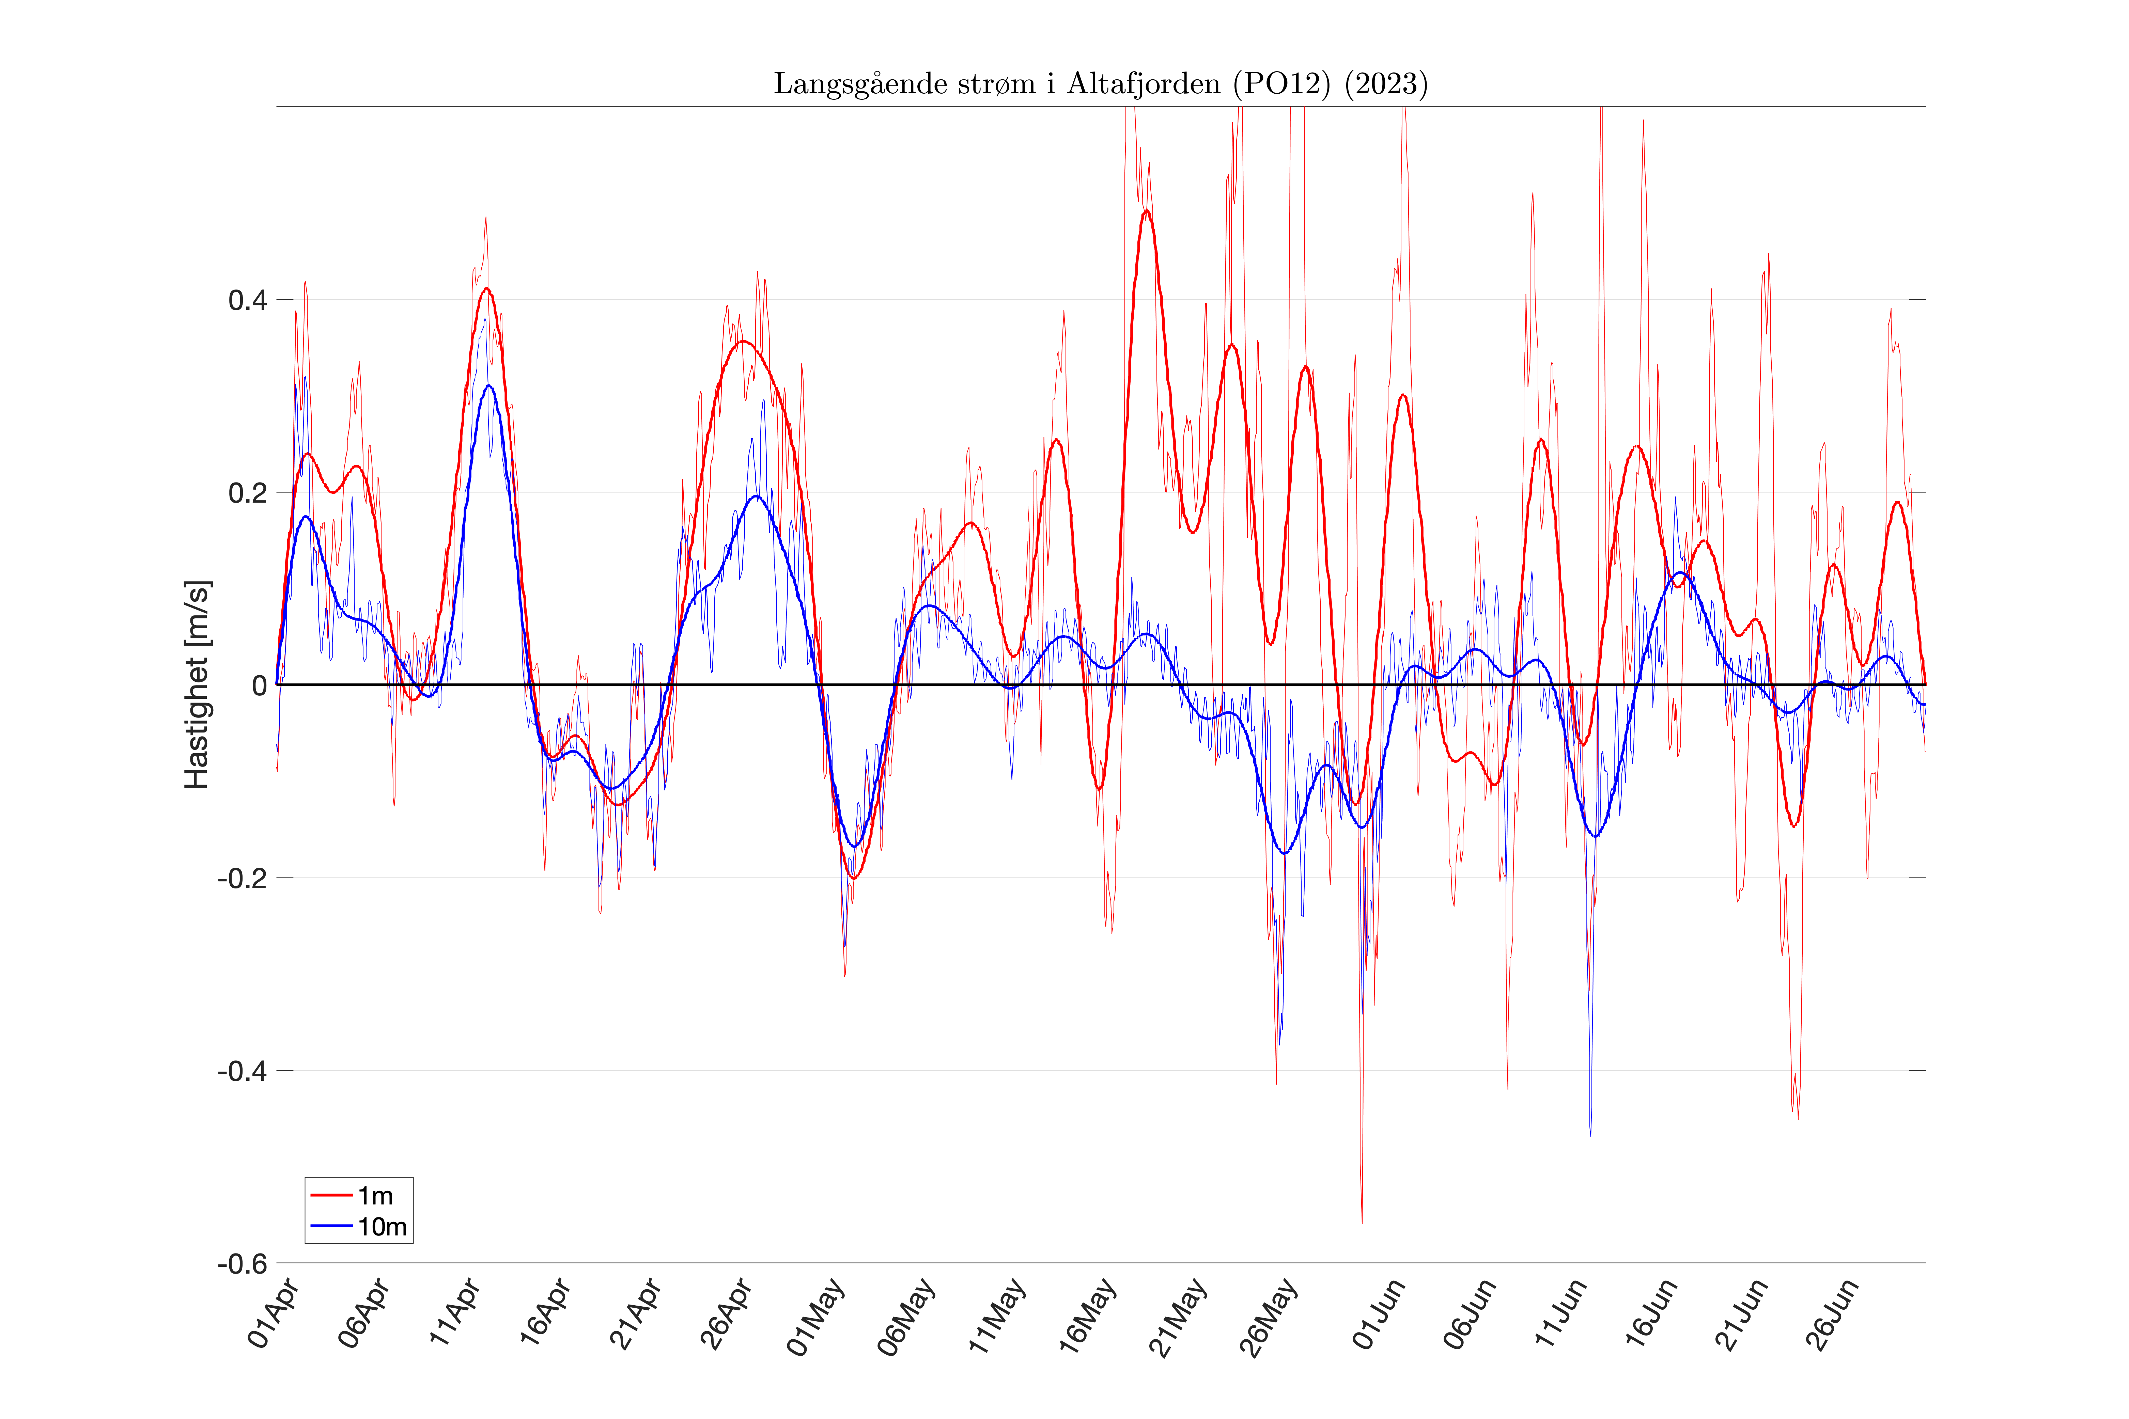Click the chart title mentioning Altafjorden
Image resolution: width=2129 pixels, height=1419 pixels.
point(1100,83)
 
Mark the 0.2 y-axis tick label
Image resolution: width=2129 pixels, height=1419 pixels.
point(247,493)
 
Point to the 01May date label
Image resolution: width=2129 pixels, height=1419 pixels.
point(817,1317)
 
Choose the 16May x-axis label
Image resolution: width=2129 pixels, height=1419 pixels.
point(1088,1317)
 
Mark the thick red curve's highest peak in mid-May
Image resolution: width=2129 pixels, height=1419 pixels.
point(1146,211)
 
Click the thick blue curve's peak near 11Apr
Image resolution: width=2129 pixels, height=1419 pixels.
point(488,385)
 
